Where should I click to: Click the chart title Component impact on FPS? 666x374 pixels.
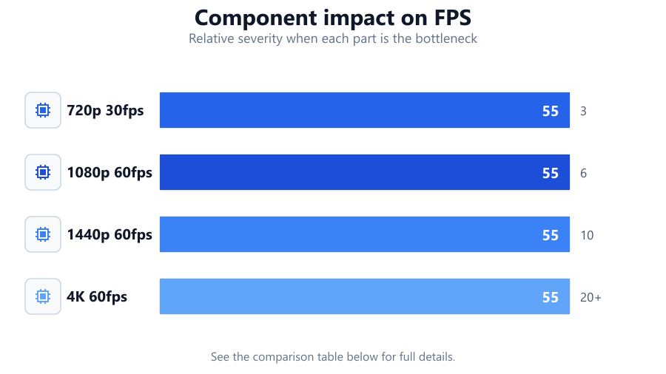(332, 18)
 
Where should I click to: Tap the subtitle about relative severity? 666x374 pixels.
(333, 38)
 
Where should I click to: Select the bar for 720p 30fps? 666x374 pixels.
(364, 110)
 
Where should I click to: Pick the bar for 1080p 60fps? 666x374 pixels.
(364, 172)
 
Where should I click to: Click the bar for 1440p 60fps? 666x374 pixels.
(364, 234)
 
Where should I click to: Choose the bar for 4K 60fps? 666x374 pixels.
(364, 296)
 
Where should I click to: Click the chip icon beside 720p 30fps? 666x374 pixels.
(43, 110)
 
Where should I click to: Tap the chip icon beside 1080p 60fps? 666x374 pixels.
(43, 172)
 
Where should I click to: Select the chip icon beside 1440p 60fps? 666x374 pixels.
(43, 234)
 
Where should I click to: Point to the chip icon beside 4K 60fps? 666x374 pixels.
(43, 296)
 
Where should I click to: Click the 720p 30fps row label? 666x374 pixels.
(105, 111)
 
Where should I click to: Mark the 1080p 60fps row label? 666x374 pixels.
(110, 172)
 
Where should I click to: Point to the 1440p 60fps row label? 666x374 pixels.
(110, 235)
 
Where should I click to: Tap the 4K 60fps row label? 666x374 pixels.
(97, 297)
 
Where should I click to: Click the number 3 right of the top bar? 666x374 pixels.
(583, 111)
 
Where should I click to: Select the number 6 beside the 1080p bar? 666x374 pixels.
(583, 173)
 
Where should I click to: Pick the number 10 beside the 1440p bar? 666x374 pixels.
(587, 235)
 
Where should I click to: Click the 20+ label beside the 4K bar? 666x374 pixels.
(591, 297)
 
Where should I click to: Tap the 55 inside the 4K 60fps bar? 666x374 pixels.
(551, 297)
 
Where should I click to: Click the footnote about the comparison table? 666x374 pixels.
(333, 356)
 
